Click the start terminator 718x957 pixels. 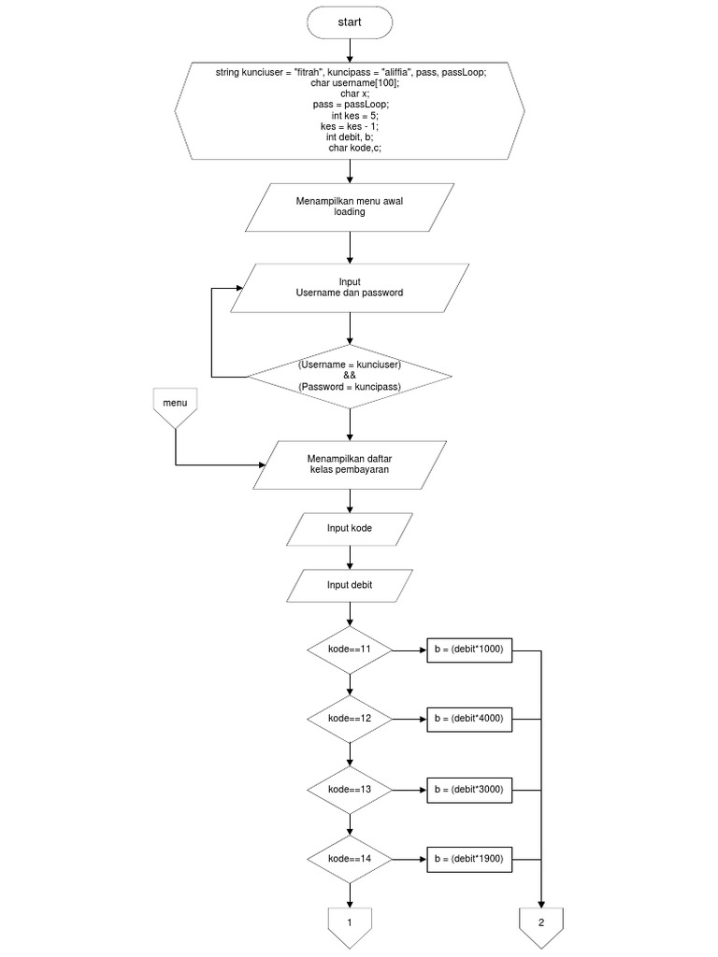350,22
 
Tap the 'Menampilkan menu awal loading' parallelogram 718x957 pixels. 350,207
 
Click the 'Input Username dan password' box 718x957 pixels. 350,287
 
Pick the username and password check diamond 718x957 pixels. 350,374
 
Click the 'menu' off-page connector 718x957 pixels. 175,407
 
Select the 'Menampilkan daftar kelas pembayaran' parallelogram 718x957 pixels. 350,464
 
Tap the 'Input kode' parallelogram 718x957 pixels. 350,529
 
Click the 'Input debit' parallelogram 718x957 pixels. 350,586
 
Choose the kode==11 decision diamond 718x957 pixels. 350,649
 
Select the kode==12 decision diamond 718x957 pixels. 350,719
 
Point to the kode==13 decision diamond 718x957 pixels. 350,790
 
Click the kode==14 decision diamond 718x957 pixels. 350,859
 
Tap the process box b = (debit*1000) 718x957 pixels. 469,649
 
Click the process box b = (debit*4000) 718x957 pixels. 469,719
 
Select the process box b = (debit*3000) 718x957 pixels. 469,790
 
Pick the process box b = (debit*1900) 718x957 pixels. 469,859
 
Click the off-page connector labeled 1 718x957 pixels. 350,925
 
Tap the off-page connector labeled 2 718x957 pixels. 541,925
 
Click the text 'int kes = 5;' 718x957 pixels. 350,115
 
